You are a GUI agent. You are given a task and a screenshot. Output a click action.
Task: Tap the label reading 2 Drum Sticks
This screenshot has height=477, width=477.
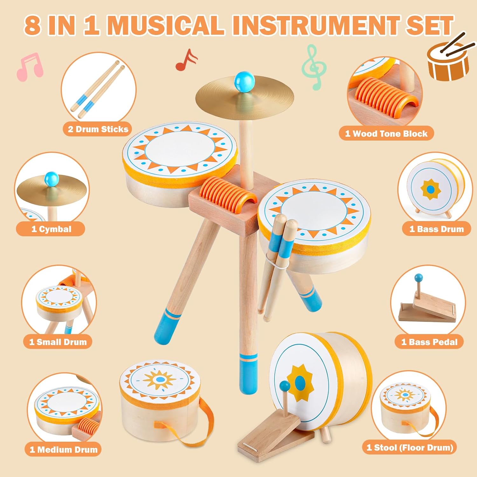[x=98, y=129]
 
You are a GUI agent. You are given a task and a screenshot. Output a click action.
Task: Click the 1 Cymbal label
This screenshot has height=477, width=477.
[x=51, y=229]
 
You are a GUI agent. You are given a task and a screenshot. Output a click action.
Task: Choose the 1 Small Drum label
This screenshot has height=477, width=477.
[x=58, y=342]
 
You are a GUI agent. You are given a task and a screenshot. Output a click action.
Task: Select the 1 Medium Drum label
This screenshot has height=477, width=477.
[x=64, y=449]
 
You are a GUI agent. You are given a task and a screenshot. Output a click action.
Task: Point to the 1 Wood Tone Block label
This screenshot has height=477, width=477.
[x=386, y=134]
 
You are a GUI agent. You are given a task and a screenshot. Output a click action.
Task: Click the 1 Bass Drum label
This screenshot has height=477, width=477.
[x=436, y=229]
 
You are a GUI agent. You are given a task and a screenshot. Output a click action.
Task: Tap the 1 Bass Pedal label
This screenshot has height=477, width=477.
[x=429, y=342]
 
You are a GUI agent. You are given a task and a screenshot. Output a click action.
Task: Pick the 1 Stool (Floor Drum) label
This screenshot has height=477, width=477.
[x=410, y=447]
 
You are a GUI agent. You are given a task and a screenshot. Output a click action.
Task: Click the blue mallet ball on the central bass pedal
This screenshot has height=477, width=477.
[x=285, y=387]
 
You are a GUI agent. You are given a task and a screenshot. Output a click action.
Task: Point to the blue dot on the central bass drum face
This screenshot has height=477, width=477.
[x=300, y=383]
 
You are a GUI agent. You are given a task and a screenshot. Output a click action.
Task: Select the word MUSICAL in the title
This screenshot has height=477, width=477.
[x=166, y=25]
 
